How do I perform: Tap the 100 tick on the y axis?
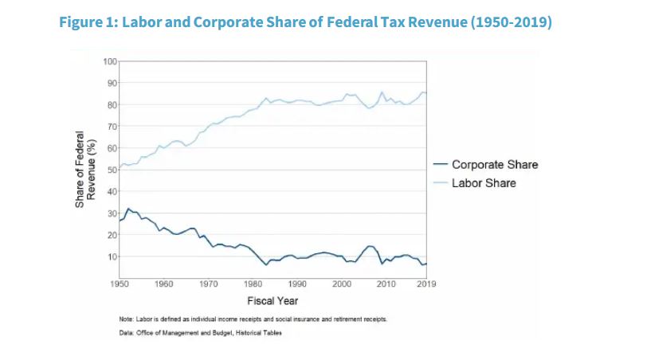click(111, 61)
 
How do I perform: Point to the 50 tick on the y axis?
click(112, 170)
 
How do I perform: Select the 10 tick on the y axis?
click(112, 256)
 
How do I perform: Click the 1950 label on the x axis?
click(120, 284)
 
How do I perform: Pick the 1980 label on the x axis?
click(253, 284)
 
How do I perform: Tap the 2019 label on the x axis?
click(427, 284)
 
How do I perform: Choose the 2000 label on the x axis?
click(343, 284)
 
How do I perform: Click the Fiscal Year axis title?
click(273, 301)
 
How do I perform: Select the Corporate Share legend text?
click(495, 165)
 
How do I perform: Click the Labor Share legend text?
click(484, 183)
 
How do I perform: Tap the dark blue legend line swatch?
click(437, 165)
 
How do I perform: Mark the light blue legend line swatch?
click(437, 183)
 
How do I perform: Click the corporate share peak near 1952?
click(128, 209)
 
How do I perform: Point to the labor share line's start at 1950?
click(120, 168)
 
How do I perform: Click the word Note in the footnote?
click(125, 319)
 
